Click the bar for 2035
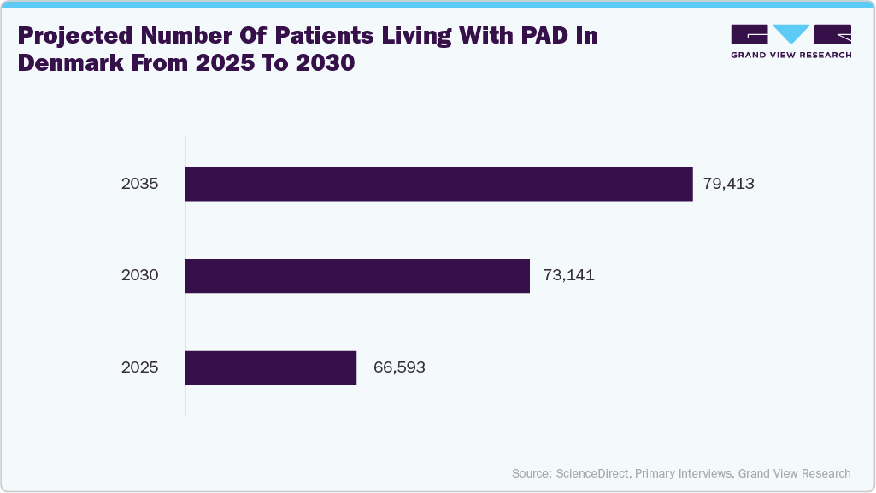[x=438, y=184]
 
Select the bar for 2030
[x=357, y=276]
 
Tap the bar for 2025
[x=270, y=368]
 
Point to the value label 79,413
[x=729, y=184]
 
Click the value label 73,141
[x=568, y=276]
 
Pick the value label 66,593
[x=399, y=368]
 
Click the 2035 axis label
[x=140, y=184]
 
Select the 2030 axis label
[x=140, y=276]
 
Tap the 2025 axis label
[x=140, y=368]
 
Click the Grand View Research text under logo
[x=791, y=55]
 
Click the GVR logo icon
[x=791, y=34]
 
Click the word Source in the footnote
[x=531, y=473]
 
